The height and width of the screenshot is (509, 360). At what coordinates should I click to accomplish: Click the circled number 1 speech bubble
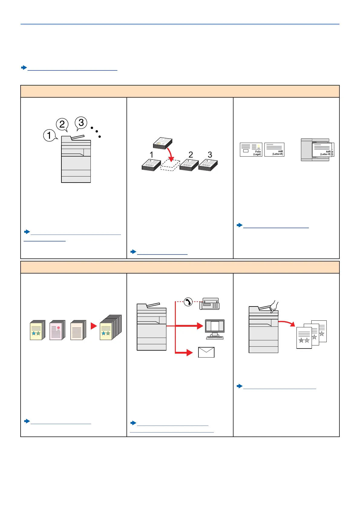[49, 135]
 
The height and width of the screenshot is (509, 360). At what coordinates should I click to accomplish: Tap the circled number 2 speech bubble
[62, 124]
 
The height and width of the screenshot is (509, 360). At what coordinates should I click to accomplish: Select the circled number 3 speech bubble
[81, 122]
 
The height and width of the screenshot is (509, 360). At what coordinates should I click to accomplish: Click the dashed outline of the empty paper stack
[170, 166]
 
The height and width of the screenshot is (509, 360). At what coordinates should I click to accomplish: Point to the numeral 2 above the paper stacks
[191, 155]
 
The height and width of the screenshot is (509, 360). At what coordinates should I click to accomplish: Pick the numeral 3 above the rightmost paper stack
[210, 155]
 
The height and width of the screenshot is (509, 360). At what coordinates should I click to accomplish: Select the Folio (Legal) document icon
[251, 150]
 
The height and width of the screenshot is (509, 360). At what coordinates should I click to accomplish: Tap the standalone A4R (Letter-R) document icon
[274, 150]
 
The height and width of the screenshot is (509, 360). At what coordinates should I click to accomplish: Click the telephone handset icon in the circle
[188, 302]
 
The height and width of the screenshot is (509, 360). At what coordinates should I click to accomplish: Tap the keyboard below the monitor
[215, 337]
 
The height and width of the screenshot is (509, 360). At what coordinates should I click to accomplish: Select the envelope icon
[206, 352]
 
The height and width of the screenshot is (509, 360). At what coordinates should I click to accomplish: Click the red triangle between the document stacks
[93, 326]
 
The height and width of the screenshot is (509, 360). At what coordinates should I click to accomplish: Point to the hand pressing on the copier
[274, 307]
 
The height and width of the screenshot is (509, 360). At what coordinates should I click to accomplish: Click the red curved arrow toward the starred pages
[287, 323]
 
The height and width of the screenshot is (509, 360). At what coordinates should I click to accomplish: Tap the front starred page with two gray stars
[304, 338]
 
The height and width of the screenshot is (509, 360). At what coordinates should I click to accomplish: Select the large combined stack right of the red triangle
[110, 328]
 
